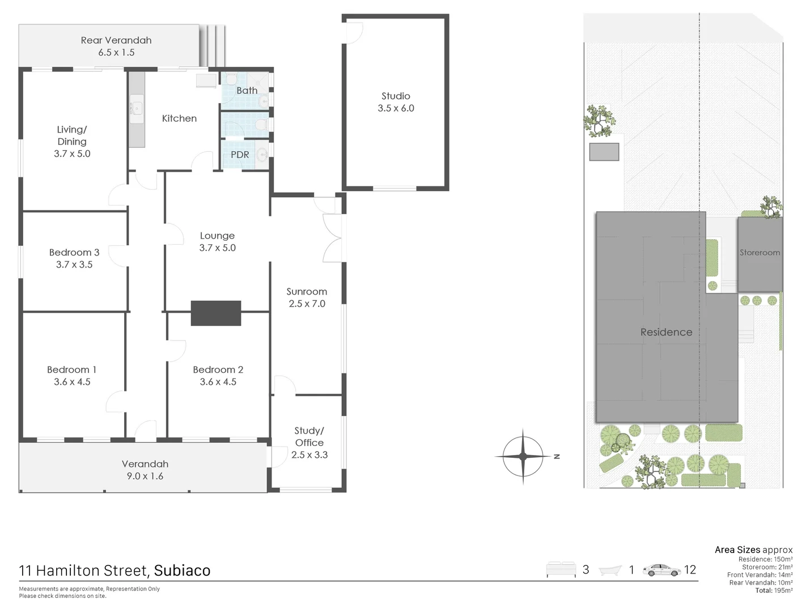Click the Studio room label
[x=396, y=96]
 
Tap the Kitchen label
[x=179, y=118]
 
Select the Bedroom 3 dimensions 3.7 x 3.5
[x=74, y=265]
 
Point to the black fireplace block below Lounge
[x=216, y=313]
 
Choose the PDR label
[x=240, y=154]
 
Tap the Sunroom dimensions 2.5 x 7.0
[x=307, y=304]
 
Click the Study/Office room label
[x=309, y=436]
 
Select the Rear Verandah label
[x=116, y=40]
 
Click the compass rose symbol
[x=523, y=456]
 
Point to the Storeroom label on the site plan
[x=760, y=252]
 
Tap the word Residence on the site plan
[x=666, y=332]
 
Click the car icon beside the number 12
[x=661, y=570]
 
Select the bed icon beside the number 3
[x=560, y=570]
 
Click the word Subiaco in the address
[x=182, y=571]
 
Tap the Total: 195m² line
[x=774, y=590]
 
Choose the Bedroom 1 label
[x=72, y=369]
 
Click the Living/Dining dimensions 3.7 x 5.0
[x=72, y=154]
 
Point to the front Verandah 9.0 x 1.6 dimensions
[x=145, y=477]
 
